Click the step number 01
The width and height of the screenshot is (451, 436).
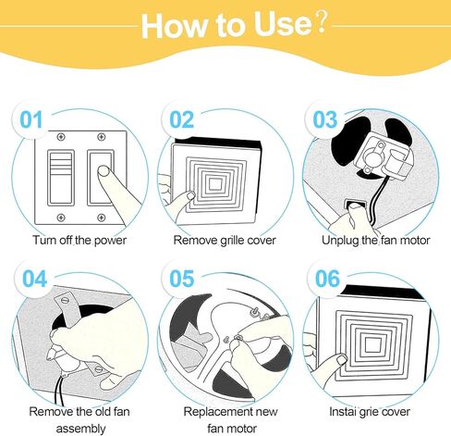(30, 120)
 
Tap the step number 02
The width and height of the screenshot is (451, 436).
(182, 120)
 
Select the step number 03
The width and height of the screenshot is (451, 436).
(325, 120)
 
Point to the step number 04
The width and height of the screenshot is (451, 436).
(34, 279)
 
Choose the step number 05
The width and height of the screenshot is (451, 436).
(182, 279)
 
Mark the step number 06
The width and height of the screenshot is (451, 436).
(327, 279)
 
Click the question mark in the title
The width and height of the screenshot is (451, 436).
(322, 22)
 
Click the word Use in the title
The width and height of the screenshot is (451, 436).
(283, 25)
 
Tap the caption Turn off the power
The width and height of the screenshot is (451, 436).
(79, 241)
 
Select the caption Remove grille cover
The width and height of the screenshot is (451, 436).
(225, 241)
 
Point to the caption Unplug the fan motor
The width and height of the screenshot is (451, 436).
(375, 241)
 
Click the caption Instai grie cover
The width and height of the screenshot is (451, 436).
(370, 412)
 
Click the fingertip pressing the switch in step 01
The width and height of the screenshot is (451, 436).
(104, 171)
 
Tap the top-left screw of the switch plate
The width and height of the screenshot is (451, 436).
(61, 137)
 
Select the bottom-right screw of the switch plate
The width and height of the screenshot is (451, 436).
(102, 218)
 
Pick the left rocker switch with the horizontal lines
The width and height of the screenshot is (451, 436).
(61, 178)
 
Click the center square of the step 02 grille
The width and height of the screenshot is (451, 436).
(215, 184)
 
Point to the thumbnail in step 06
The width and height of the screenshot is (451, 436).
(342, 360)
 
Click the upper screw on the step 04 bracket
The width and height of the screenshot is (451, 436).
(65, 300)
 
